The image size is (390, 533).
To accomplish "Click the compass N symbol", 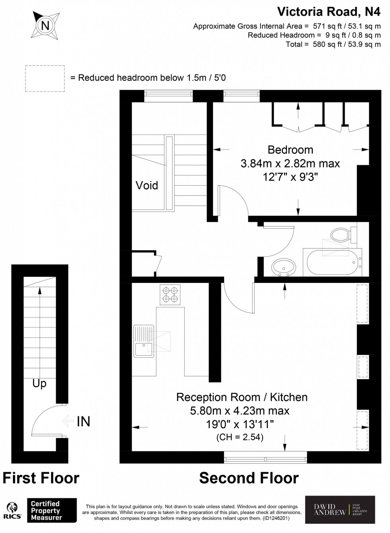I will click(46, 26).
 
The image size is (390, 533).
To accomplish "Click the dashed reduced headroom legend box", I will click(45, 78).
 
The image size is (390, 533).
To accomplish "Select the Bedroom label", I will click(290, 150).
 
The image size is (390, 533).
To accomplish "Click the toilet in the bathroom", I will click(341, 235).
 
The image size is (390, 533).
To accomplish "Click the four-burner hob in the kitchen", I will click(170, 295).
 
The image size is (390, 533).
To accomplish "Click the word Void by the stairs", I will click(147, 185).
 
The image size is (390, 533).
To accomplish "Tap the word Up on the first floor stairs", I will click(39, 384).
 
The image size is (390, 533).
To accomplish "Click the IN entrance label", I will click(83, 421).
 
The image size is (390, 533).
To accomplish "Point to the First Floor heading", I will click(41, 478).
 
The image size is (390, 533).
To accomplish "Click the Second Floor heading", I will click(249, 478).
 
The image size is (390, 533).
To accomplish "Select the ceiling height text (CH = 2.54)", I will click(240, 437).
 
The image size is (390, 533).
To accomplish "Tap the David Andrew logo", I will click(340, 509).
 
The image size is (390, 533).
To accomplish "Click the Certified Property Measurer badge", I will click(51, 511).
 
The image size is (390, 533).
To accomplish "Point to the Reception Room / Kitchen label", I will click(242, 397).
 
